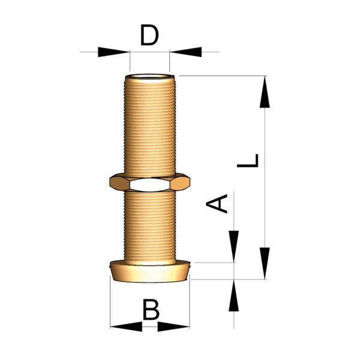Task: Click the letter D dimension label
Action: click(x=149, y=35)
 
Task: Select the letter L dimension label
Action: click(x=248, y=160)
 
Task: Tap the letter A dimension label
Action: click(x=217, y=203)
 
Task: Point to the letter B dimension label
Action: click(x=151, y=309)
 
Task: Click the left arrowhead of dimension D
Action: click(x=113, y=52)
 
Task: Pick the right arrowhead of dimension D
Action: click(x=186, y=52)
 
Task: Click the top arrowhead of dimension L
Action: click(x=265, y=92)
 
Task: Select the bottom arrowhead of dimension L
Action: click(x=265, y=263)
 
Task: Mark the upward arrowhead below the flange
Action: click(x=234, y=295)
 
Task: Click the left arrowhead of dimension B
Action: click(x=126, y=326)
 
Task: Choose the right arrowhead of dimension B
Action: click(x=173, y=326)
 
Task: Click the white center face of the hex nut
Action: click(x=149, y=185)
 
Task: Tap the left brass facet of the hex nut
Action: click(x=119, y=182)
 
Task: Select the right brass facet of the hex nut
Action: click(x=180, y=182)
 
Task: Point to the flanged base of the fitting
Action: click(x=149, y=271)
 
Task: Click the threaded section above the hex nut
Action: click(x=150, y=126)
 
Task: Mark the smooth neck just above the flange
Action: click(x=150, y=262)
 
